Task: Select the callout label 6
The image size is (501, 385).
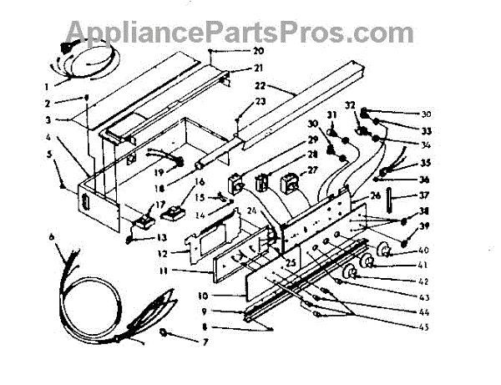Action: click(x=53, y=237)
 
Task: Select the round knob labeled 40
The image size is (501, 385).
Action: click(x=385, y=251)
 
